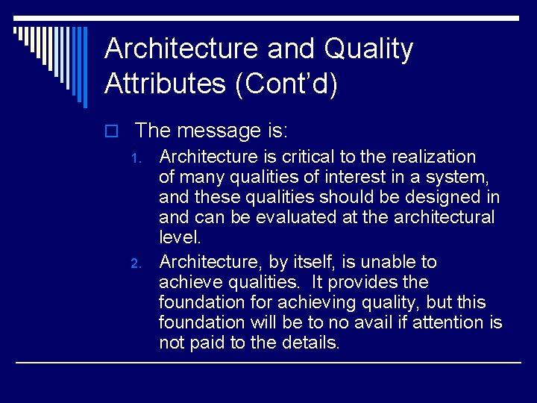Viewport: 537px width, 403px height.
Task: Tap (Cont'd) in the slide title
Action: (x=286, y=83)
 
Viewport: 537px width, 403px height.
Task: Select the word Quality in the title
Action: (x=368, y=49)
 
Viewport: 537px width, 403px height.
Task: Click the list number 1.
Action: (x=135, y=158)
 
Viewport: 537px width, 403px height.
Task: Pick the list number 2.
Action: (x=135, y=263)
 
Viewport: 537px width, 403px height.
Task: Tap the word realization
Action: (x=430, y=157)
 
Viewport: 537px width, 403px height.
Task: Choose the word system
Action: (x=461, y=177)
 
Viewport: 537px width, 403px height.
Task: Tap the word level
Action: (x=179, y=237)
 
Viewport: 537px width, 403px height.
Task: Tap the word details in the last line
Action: (x=311, y=343)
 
